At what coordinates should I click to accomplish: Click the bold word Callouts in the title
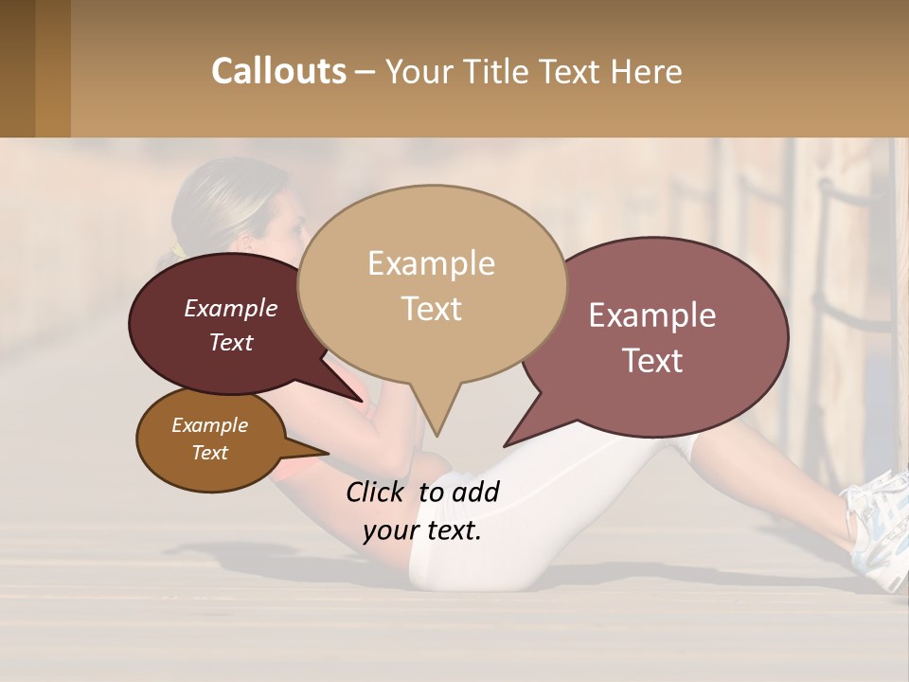pos(278,71)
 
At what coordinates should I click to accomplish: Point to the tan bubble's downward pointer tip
pos(437,435)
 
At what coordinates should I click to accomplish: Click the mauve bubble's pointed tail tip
pos(506,445)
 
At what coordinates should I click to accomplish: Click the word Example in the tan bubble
pos(431,263)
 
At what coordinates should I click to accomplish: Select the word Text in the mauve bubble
pos(653,361)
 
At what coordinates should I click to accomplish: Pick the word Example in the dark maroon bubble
pos(231,308)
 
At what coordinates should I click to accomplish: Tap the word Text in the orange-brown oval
pos(210,453)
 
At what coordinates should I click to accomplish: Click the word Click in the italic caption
pos(377,492)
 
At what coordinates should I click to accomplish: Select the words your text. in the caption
pos(422,530)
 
